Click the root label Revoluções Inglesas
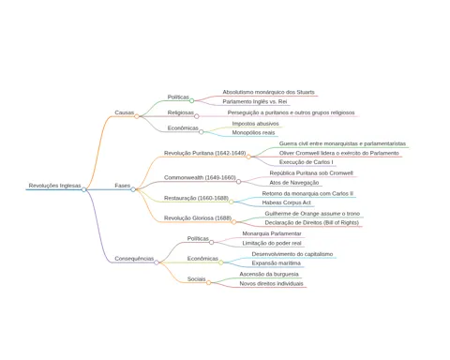(54, 186)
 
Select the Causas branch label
(125, 112)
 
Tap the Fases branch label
(123, 186)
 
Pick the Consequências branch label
(134, 259)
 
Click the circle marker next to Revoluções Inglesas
(83, 189)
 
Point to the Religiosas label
(181, 112)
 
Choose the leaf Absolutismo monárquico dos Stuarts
(268, 92)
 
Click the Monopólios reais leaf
(253, 133)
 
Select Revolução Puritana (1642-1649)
(205, 153)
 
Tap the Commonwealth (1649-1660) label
(200, 177)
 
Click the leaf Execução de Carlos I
(307, 162)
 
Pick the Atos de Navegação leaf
(294, 183)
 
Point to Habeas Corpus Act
(287, 202)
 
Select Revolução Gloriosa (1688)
(198, 218)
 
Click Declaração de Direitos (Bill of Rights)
(312, 223)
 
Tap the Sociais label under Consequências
(197, 279)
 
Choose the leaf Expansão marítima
(277, 263)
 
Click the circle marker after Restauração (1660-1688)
(231, 202)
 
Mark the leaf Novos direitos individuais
(271, 284)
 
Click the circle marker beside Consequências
(157, 262)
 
